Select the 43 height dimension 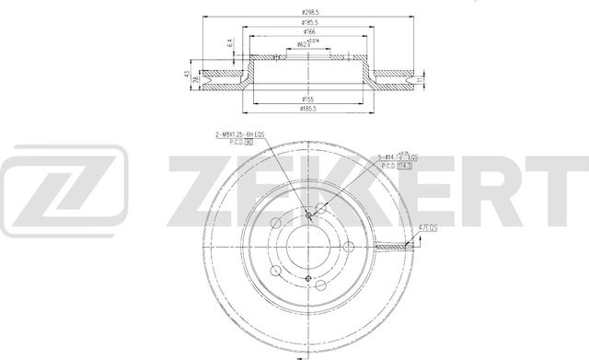click(186, 74)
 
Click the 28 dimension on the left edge click(195, 80)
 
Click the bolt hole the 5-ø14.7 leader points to click(319, 208)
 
